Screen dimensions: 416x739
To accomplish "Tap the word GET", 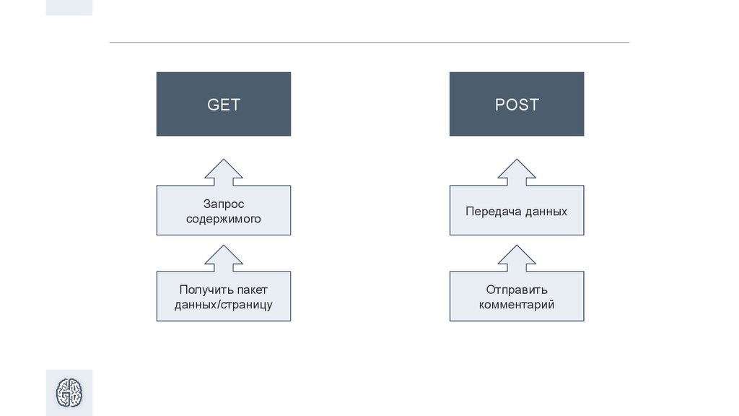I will (224, 105).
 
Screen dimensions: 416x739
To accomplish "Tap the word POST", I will (517, 105).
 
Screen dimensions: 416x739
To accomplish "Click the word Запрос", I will (224, 204).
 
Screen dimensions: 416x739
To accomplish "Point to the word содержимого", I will (224, 219).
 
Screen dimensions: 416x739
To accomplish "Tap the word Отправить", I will (517, 290).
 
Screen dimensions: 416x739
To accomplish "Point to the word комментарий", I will (517, 304).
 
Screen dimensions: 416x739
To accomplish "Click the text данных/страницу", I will (224, 304).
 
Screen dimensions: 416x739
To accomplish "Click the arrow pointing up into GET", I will (224, 173).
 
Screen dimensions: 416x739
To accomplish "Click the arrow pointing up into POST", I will (517, 173).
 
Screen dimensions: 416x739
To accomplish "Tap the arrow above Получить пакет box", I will (224, 259).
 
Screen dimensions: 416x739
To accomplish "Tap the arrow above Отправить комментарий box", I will (517, 259).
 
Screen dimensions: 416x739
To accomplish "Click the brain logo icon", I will (69, 392).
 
